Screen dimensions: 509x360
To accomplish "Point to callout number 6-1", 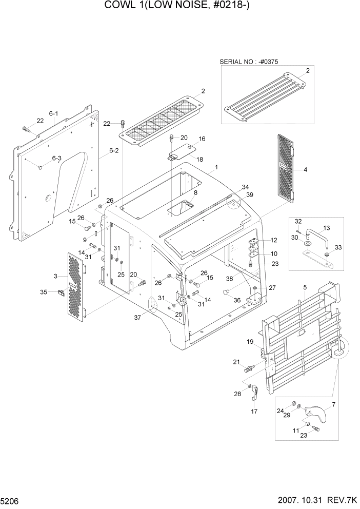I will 54,113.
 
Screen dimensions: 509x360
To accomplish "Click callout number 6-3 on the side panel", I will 56,159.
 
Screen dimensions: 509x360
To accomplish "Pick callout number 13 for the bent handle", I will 327,228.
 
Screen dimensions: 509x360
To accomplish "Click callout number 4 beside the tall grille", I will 306,170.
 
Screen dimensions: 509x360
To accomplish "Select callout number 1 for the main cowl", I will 216,167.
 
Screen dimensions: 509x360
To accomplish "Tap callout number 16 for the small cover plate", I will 202,139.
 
